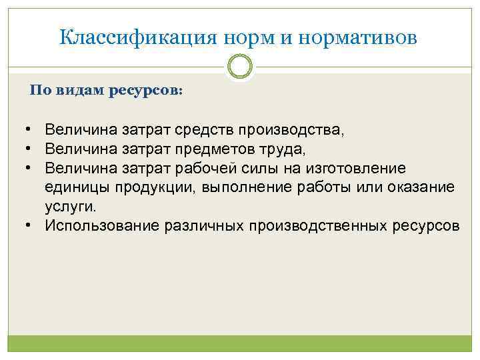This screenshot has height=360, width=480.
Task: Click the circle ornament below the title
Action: [x=240, y=67]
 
